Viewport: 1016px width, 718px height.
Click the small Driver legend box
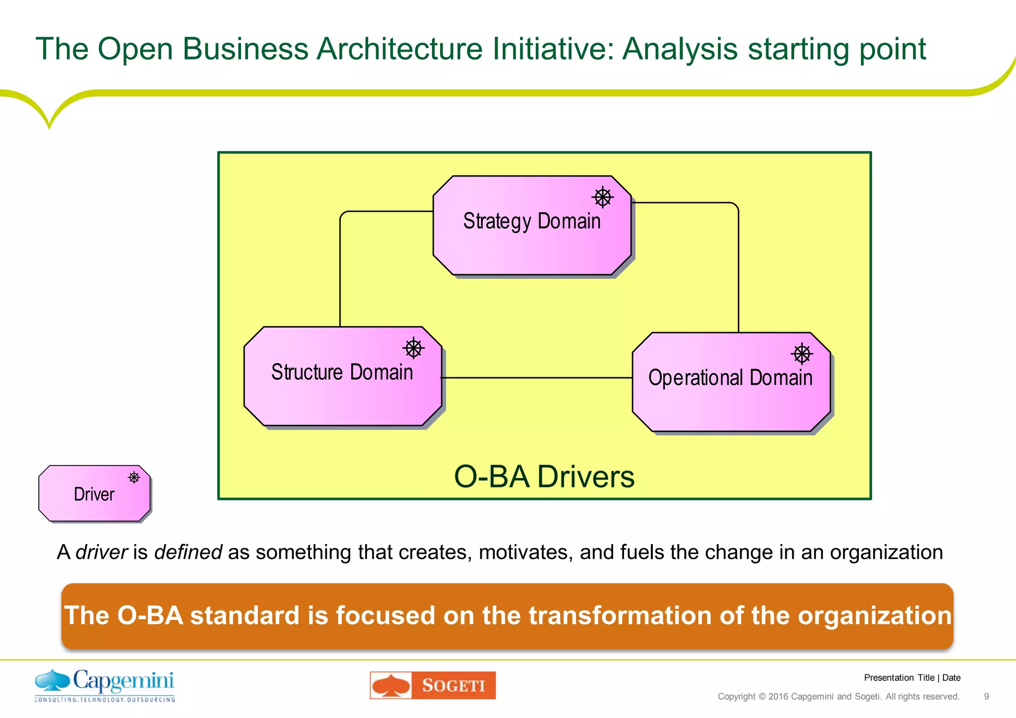94,494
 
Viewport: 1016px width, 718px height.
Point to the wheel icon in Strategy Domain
602,197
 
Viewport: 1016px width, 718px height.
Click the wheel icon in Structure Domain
413,348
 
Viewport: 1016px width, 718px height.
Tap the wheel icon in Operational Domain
802,354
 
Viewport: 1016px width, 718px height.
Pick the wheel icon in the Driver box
134,478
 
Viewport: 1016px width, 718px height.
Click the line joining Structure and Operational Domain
536,378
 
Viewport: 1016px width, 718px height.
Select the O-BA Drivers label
544,477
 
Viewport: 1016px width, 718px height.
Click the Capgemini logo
105,686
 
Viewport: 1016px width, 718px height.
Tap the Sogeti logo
433,685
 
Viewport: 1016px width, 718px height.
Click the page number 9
986,697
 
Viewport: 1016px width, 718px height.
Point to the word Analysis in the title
680,49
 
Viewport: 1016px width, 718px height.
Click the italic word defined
188,552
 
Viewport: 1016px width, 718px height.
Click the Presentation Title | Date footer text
912,678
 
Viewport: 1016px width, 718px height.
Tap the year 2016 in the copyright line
778,697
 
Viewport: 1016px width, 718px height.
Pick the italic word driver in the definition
102,552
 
